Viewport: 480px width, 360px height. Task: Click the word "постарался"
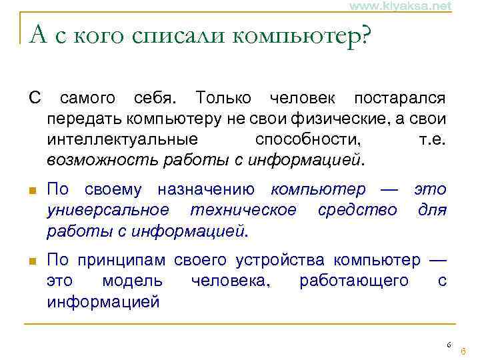point(400,99)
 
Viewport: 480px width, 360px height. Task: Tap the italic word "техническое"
point(243,211)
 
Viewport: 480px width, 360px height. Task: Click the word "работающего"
point(354,281)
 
